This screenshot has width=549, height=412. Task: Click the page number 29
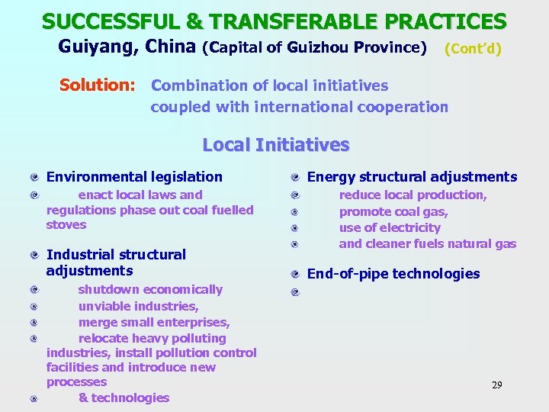tap(496, 385)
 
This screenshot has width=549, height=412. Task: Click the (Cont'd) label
tap(473, 49)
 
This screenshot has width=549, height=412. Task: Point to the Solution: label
tap(98, 85)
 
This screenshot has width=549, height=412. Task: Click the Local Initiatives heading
tap(275, 145)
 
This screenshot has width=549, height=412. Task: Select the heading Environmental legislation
tap(134, 177)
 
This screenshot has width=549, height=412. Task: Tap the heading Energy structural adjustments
tap(412, 177)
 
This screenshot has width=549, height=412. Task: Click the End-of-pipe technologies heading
tap(393, 274)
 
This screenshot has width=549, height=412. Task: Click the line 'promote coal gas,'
tap(393, 211)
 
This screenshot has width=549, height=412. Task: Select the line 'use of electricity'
tap(390, 227)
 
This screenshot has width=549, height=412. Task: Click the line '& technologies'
tap(124, 398)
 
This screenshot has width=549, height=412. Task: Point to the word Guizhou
tap(319, 48)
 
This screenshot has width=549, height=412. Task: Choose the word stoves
tap(66, 225)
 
